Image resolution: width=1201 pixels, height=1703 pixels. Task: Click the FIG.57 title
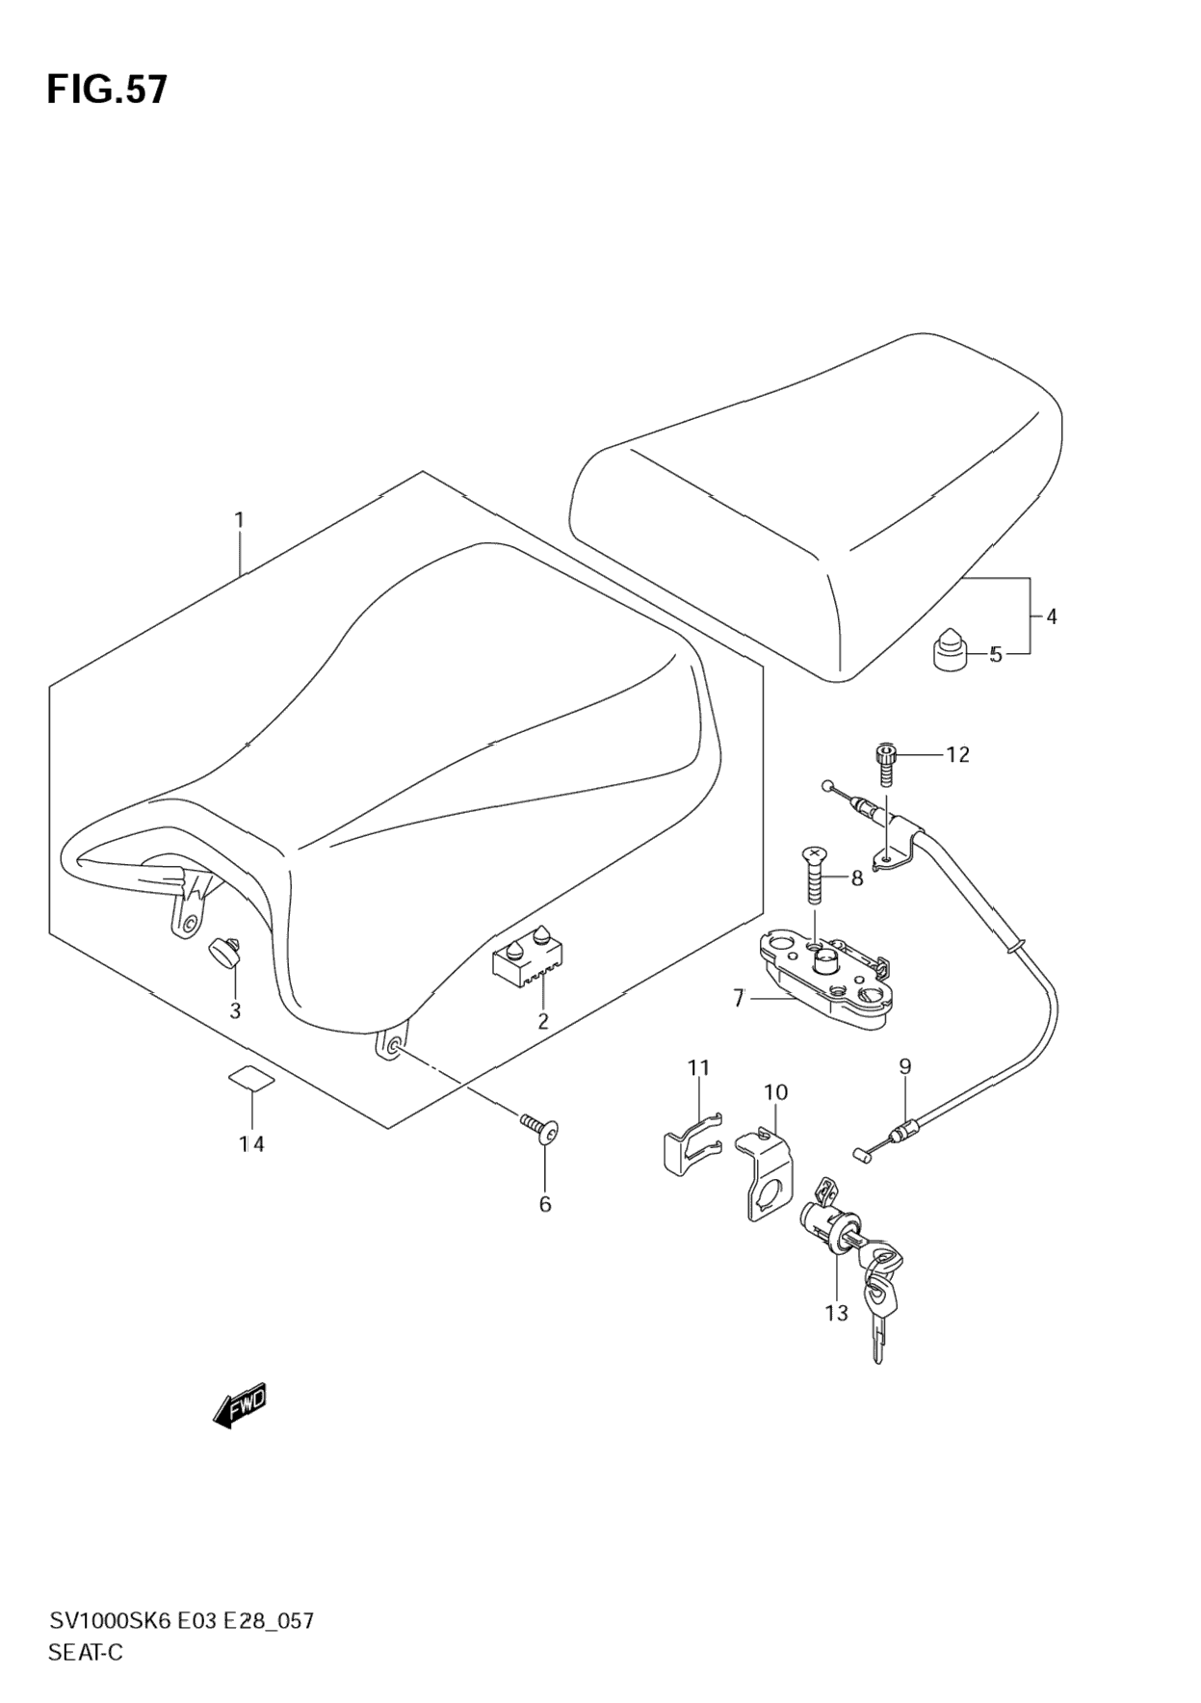tap(107, 90)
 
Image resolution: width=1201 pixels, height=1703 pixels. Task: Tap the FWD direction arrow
tap(240, 1407)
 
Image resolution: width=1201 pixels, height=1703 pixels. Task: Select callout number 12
tap(957, 754)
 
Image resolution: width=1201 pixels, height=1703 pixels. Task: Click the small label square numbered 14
tap(251, 1078)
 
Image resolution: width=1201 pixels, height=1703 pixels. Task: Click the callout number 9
tap(904, 1066)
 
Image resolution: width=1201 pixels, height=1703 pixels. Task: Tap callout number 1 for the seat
tap(240, 520)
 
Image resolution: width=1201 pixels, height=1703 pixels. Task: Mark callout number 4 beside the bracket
tap(1051, 616)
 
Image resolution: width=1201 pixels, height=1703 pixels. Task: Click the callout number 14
tap(251, 1143)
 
